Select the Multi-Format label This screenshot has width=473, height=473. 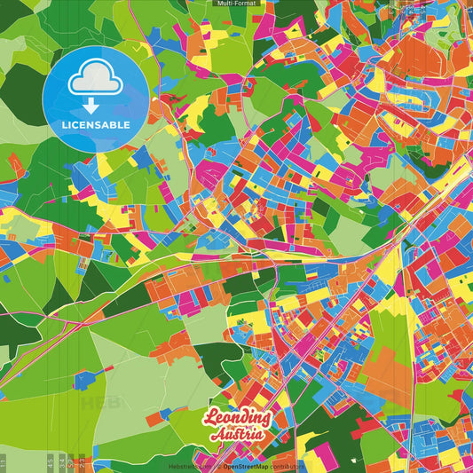tap(236, 4)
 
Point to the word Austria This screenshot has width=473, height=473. tap(237, 435)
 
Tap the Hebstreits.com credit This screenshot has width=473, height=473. tap(189, 466)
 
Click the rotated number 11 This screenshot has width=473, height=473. tap(4, 462)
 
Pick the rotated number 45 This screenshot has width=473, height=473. tap(50, 462)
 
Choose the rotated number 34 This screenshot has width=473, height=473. tap(60, 462)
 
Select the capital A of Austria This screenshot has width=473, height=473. tap(217, 435)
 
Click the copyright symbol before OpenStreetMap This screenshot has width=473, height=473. tap(218, 466)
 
